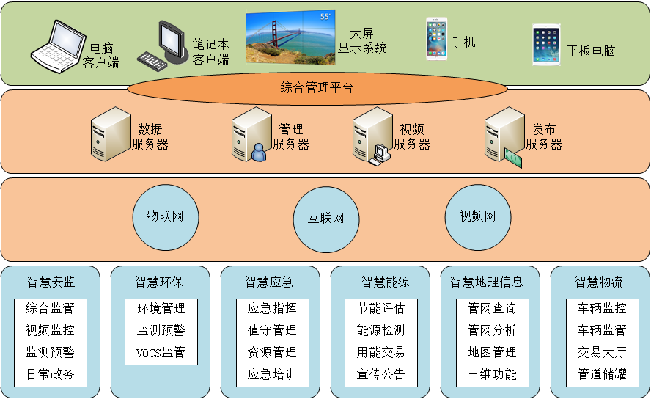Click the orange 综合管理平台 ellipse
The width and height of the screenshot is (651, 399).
point(317,89)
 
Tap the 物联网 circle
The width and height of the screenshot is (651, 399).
point(165,216)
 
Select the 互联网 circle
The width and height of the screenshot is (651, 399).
point(325,219)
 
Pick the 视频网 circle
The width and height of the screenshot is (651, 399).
point(477,216)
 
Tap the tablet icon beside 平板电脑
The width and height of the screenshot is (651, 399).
point(546,45)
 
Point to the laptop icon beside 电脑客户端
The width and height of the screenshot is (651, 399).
point(55,45)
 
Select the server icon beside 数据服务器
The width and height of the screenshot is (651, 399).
point(111,133)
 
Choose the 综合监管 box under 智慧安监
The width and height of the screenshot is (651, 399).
point(50,309)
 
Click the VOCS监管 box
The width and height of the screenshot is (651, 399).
point(161,353)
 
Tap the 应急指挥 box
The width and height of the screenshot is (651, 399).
point(272,309)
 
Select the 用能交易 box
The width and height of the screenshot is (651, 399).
point(380,353)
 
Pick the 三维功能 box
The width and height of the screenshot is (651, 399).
point(492,375)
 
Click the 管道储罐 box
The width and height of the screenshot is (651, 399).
point(602,375)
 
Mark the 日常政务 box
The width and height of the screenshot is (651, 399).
point(50,375)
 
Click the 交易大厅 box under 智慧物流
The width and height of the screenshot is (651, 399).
point(602,353)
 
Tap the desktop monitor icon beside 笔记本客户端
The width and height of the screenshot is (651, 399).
point(168,44)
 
